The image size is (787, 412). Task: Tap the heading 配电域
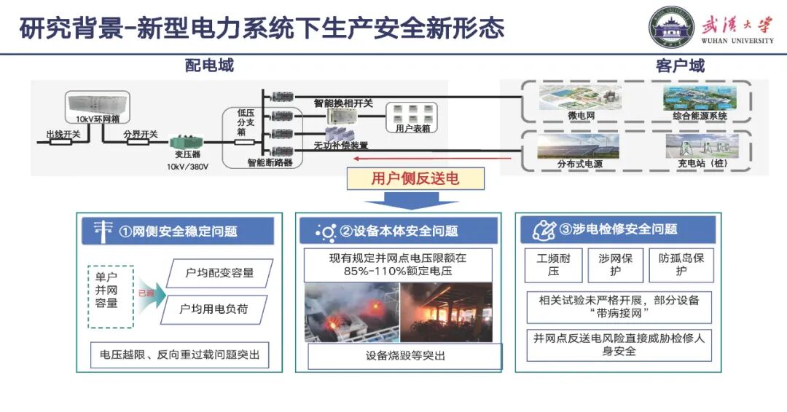tap(209, 66)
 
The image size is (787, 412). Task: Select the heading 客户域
tap(680, 66)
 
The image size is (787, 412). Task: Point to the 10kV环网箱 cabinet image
tap(97, 103)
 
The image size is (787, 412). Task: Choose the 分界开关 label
tap(140, 133)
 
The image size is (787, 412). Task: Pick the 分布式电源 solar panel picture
tap(578, 146)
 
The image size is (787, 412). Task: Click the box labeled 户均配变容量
tap(219, 273)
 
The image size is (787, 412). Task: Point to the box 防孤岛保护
tap(681, 264)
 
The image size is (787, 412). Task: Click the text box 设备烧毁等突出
tap(405, 356)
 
